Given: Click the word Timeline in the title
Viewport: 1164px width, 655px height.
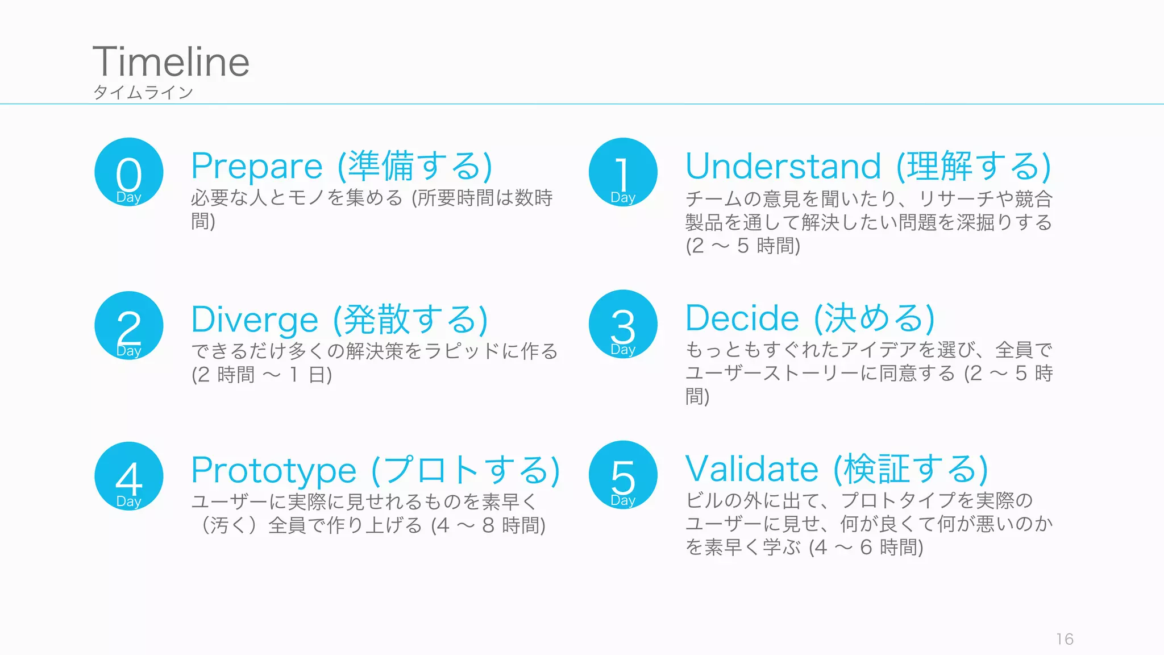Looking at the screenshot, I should [x=171, y=62].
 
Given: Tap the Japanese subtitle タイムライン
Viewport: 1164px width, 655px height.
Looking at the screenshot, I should [x=143, y=92].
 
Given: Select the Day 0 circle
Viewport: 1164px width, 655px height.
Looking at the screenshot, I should [x=129, y=172].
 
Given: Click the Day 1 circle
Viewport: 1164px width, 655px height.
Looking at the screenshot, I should [x=623, y=172].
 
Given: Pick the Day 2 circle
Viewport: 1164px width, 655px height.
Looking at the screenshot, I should [x=129, y=326].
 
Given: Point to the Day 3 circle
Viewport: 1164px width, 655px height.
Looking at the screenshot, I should [x=623, y=324].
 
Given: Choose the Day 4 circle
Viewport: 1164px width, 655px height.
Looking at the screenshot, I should [x=129, y=476].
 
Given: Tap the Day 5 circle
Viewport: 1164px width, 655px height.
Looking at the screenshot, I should [x=623, y=475].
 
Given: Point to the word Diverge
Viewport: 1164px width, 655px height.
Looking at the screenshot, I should [x=255, y=320].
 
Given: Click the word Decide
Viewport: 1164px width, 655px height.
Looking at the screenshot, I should [x=742, y=318].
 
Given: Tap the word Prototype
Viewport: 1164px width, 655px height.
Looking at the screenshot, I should [x=274, y=471].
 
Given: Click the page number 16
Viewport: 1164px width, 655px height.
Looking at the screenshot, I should [x=1065, y=639].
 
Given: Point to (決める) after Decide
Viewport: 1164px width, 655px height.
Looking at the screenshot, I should [x=875, y=318].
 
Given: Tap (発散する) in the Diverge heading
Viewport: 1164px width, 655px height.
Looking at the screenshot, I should [x=410, y=320].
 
